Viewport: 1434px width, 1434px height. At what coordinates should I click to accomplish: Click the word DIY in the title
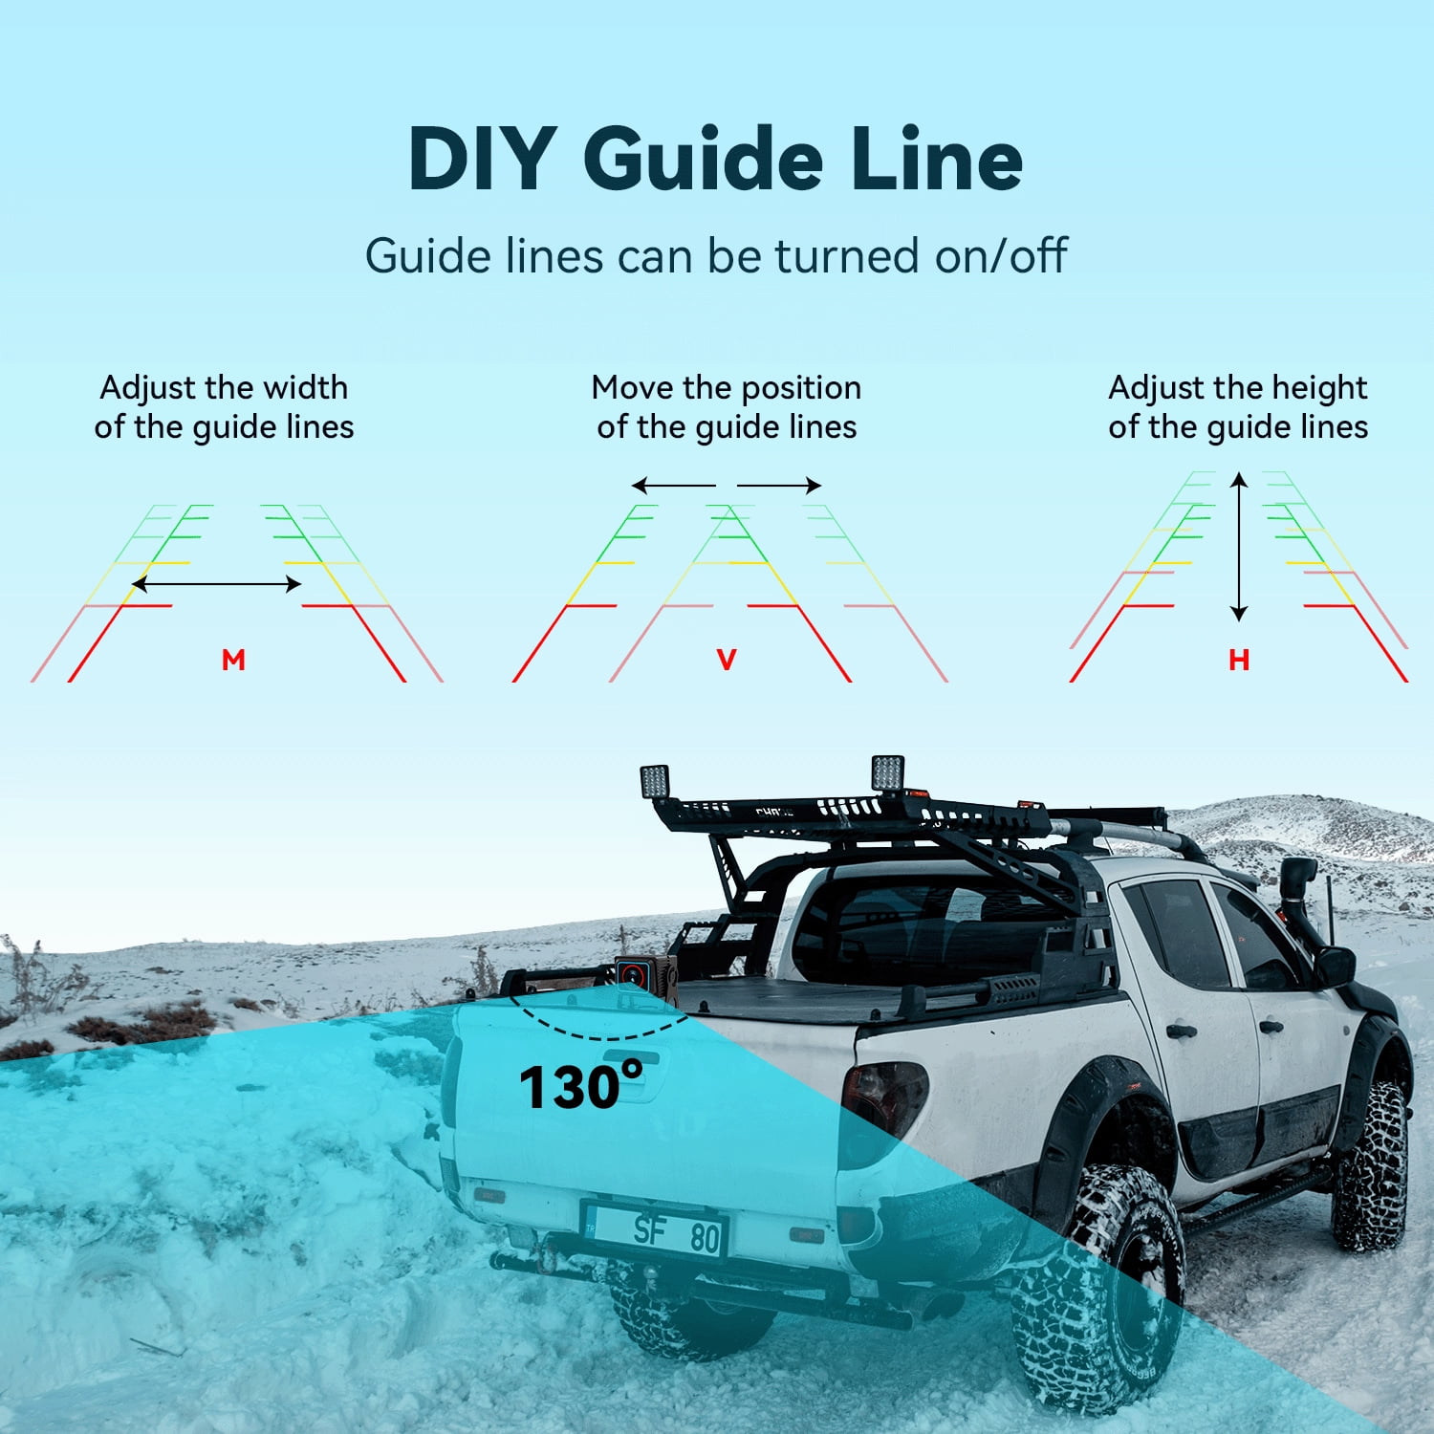483,160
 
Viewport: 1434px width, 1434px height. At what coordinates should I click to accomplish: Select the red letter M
233,660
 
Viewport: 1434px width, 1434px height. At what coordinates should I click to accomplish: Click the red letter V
727,660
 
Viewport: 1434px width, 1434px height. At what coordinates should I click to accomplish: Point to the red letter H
1239,660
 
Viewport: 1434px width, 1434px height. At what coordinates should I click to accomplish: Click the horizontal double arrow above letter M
216,583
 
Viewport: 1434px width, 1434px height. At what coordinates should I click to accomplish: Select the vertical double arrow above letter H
1239,547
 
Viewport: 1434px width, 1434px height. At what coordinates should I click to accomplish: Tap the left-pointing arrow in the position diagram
673,486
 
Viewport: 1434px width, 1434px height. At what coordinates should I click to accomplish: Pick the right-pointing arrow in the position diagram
779,486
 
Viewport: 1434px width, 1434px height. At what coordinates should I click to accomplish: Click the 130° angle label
580,1086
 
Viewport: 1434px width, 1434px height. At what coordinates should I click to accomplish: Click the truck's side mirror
1335,966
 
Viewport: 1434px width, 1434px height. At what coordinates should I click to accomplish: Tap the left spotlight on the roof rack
655,781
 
